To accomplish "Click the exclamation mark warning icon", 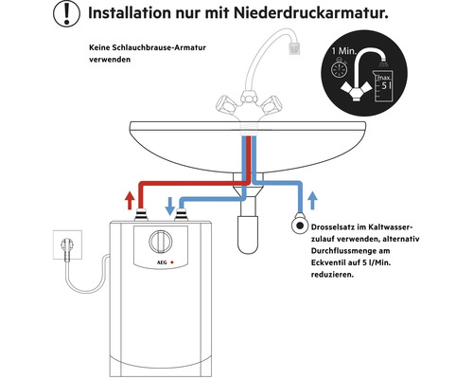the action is pos(66,13).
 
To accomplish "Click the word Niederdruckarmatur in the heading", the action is pos(310,13).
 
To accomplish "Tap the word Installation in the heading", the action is pos(130,13).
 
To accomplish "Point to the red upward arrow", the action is pos(130,200).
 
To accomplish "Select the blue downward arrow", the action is pos(170,206).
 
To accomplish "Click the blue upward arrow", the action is pos(312,200).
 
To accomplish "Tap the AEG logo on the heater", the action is pos(162,262).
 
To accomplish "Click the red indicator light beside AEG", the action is pos(172,262).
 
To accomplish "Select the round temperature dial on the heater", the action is pos(161,242).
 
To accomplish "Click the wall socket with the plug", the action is pos(67,244).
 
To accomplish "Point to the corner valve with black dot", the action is pos(300,226).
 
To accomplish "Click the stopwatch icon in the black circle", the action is pos(340,68).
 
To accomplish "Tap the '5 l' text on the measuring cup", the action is pos(385,85).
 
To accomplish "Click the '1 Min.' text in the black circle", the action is pos(343,51).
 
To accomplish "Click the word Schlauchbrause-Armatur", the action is pos(159,47).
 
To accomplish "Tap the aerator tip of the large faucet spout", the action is pos(294,47).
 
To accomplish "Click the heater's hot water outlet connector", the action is pos(141,215).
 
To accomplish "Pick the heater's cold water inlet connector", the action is pos(181,215).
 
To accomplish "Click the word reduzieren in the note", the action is pos(332,275).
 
